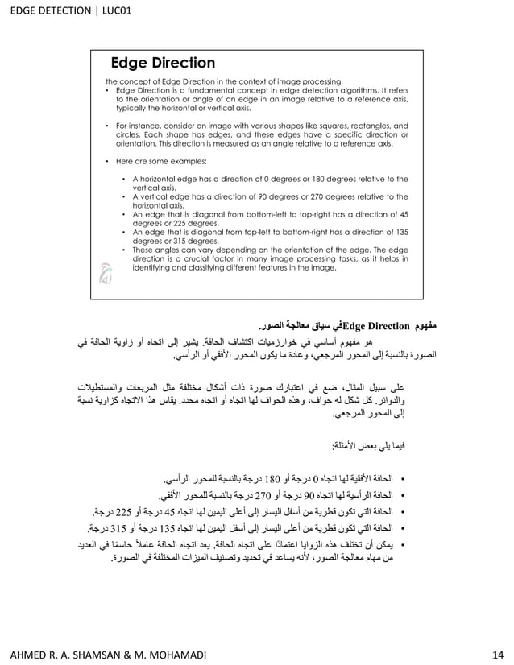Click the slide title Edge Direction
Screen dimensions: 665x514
pyautogui.click(x=162, y=63)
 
